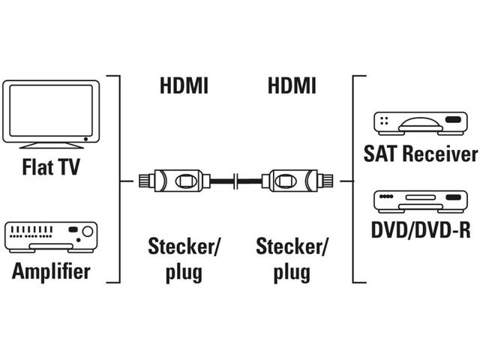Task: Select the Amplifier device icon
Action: [x=51, y=237]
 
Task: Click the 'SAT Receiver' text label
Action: [x=421, y=154]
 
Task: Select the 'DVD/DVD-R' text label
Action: [x=421, y=229]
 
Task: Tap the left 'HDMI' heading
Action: [x=184, y=86]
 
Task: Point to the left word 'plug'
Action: [x=184, y=271]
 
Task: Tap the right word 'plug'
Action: [x=292, y=271]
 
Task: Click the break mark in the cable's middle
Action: [x=237, y=181]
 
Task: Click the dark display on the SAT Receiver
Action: [x=453, y=120]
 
